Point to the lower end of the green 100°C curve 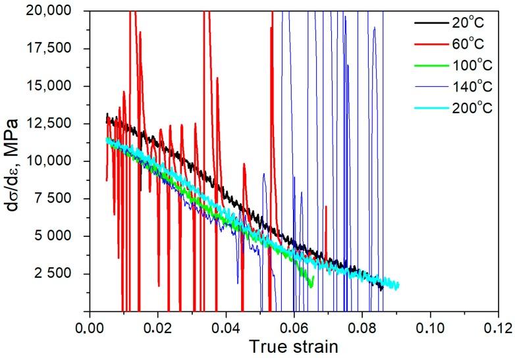point(311,285)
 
